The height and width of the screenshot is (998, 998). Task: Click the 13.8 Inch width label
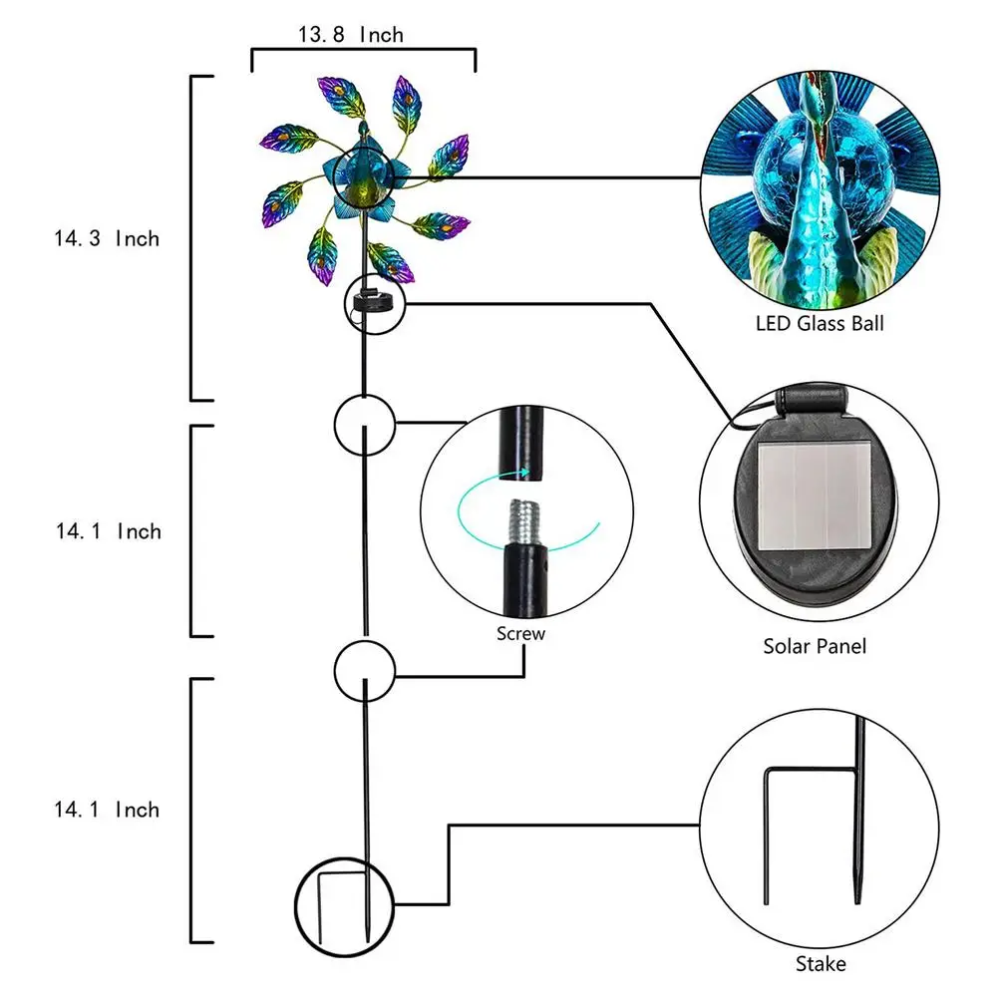click(x=350, y=35)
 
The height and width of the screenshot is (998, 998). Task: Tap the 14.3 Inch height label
click(x=107, y=238)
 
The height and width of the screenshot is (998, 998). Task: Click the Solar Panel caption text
click(x=815, y=646)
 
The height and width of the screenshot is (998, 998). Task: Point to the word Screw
click(x=521, y=633)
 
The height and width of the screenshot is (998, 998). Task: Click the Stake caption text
click(x=821, y=964)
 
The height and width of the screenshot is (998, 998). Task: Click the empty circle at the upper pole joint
click(x=365, y=423)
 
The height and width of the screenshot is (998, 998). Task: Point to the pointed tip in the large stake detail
click(x=856, y=892)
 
